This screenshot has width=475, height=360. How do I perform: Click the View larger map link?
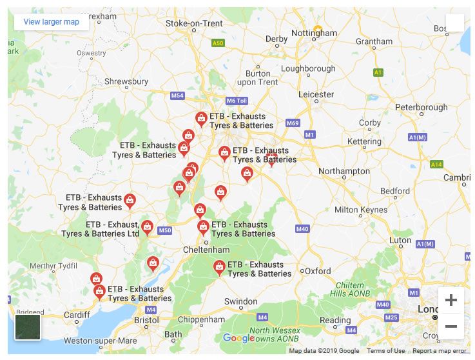(x=52, y=22)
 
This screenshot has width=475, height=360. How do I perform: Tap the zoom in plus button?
(x=451, y=300)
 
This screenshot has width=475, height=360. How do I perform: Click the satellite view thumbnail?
(x=28, y=326)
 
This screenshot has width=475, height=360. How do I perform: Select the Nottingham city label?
(x=314, y=34)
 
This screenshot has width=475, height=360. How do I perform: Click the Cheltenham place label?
(x=206, y=250)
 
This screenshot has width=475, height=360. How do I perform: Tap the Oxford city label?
(x=318, y=271)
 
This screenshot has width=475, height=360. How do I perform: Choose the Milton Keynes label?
(x=360, y=210)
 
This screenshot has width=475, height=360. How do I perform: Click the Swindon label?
(x=240, y=301)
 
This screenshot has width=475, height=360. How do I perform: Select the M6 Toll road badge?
(x=237, y=101)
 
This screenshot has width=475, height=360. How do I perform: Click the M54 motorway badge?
(x=177, y=95)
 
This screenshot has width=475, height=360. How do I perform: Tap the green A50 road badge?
(x=218, y=43)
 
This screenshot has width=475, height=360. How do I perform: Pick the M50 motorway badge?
(x=165, y=230)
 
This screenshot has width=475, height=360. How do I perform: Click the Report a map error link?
(x=439, y=351)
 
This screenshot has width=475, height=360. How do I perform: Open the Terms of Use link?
(x=385, y=351)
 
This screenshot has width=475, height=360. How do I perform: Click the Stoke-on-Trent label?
(x=194, y=23)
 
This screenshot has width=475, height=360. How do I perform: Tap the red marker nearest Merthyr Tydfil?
(x=95, y=279)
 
